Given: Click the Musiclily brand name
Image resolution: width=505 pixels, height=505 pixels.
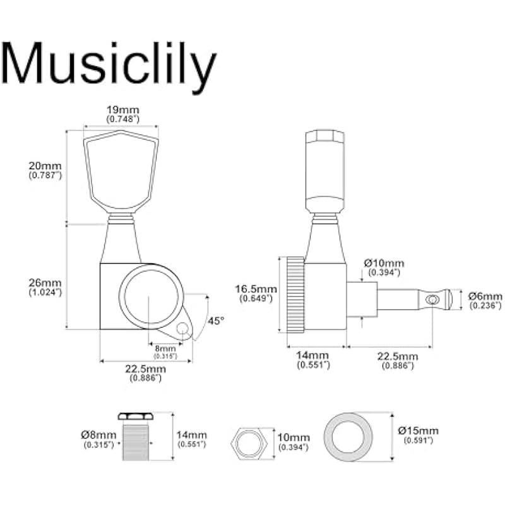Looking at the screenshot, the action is tap(109, 67).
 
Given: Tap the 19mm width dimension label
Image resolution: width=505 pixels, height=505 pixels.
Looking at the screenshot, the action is tap(122, 110).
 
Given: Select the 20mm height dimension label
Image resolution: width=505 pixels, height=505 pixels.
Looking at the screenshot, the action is tap(45, 166).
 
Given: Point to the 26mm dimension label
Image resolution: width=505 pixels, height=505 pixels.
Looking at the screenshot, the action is tap(45, 283).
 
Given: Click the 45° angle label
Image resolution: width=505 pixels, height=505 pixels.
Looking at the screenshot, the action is tap(215, 321).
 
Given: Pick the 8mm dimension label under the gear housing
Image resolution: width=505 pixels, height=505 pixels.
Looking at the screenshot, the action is tap(165, 348).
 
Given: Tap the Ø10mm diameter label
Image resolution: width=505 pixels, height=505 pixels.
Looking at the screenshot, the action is tap(384, 263).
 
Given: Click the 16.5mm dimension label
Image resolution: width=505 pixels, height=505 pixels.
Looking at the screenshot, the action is tap(256, 289).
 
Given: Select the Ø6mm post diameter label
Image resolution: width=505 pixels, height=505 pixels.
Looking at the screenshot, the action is tap(485, 296).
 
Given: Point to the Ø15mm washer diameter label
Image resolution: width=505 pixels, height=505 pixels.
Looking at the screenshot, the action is tap(418, 431).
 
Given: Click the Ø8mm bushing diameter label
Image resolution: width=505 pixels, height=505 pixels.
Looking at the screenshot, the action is tap(98, 435).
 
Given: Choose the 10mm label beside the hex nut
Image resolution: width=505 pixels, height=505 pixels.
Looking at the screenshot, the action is tap(294, 437).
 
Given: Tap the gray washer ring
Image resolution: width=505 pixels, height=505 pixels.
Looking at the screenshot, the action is tap(348, 437).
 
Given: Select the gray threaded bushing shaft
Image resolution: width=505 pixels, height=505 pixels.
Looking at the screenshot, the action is tap(136, 443).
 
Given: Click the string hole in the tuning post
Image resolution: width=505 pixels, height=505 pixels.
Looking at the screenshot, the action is tap(432, 300).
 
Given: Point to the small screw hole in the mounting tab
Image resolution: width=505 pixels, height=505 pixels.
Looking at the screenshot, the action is tap(182, 328).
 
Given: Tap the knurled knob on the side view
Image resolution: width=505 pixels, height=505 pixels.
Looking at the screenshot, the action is tap(295, 294).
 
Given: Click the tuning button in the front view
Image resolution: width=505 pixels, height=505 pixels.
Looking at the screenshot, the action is tap(121, 170).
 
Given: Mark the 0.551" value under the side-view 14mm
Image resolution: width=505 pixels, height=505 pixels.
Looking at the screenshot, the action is tap(313, 365).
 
